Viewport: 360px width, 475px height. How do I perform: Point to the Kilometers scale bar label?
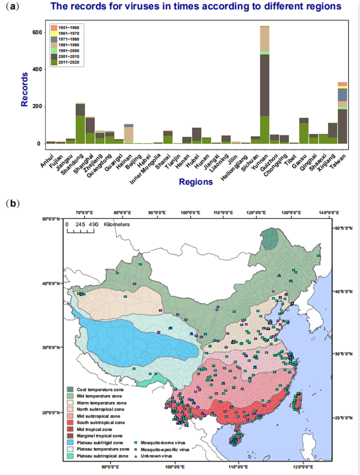coord(117,224)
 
